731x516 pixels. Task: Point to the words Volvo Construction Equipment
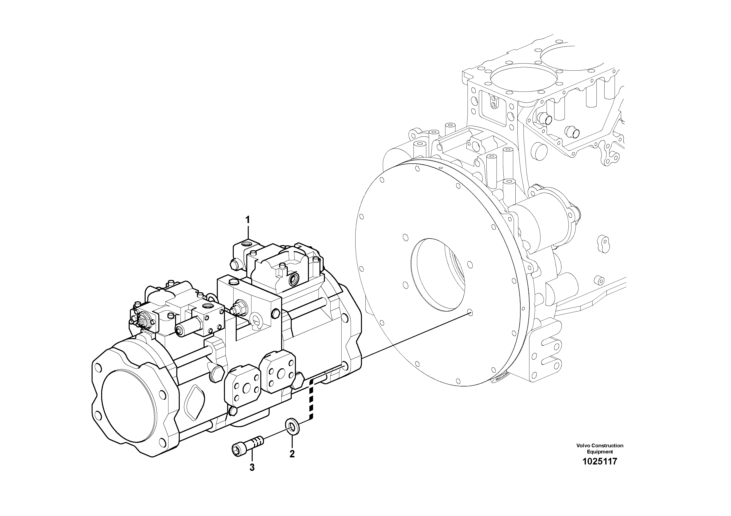(600, 449)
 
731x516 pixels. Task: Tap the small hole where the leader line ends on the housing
(471, 313)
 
